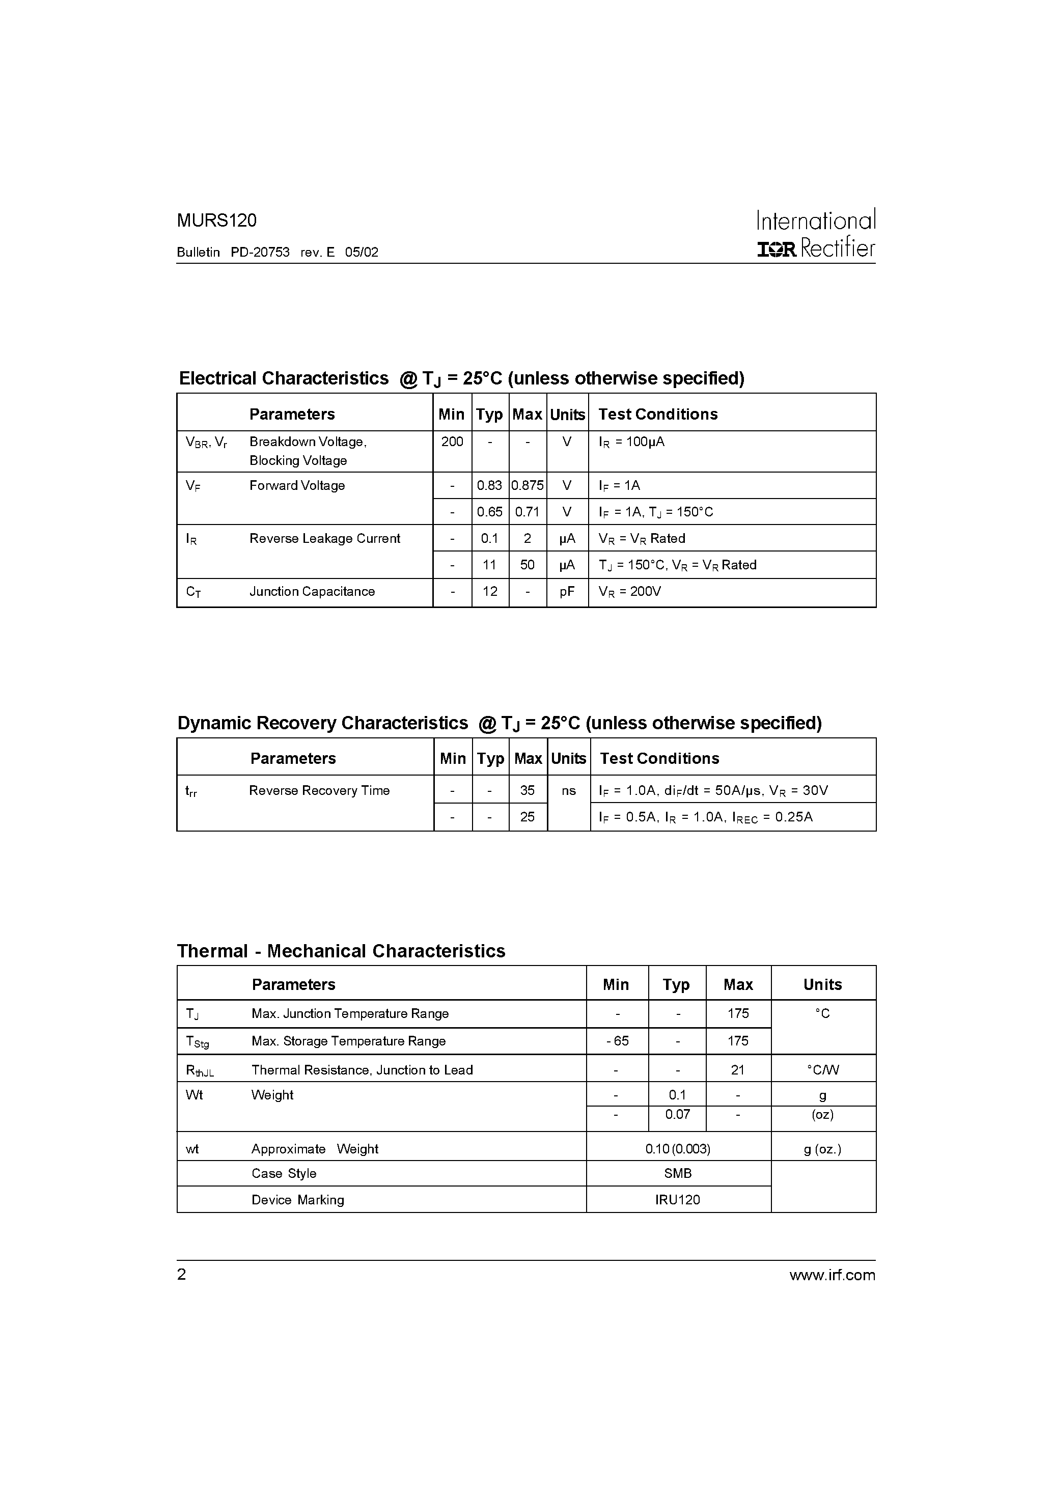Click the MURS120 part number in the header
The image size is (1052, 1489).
(216, 221)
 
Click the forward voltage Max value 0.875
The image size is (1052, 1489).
(528, 486)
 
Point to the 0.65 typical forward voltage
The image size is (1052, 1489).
(490, 512)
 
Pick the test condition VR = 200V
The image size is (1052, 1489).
(629, 591)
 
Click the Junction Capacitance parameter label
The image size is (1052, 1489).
(312, 591)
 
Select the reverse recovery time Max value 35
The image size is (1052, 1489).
(528, 790)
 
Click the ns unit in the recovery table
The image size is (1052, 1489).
(569, 790)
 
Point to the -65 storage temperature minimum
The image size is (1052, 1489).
(617, 1041)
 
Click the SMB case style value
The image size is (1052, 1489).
(678, 1173)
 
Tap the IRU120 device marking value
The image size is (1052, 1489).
(678, 1200)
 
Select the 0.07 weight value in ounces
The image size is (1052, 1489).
(677, 1114)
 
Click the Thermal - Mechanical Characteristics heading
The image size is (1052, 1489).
(341, 951)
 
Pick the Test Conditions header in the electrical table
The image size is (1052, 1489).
(658, 415)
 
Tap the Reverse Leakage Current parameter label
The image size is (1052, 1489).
(324, 539)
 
